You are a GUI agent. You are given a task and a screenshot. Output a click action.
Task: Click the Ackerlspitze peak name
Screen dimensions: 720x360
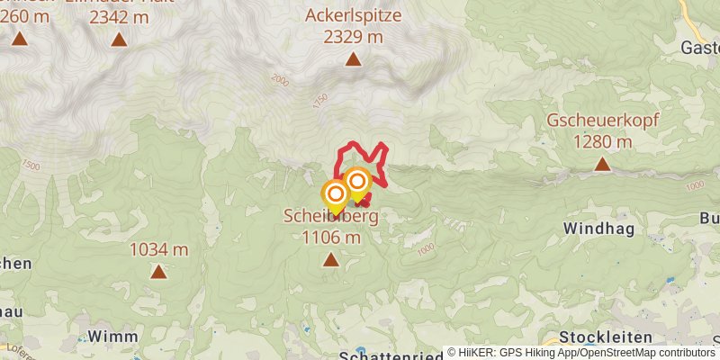353,15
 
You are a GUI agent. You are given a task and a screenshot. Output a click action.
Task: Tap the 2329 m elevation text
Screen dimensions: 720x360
353,36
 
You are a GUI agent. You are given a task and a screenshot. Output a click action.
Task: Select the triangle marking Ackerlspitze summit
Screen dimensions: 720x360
354,59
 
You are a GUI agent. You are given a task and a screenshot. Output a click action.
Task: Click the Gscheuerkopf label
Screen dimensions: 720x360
601,121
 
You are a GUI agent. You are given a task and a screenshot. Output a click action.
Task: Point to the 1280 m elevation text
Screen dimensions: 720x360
601,141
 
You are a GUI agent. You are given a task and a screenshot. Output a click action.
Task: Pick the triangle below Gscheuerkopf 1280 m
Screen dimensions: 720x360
601,164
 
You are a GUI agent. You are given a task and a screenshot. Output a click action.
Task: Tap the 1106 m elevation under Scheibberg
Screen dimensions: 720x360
330,238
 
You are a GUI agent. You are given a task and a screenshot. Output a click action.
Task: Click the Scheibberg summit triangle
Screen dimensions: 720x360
330,260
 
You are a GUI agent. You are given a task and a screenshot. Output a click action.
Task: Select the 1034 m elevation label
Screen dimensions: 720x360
158,249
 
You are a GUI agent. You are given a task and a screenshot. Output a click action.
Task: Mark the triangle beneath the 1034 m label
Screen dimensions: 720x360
158,271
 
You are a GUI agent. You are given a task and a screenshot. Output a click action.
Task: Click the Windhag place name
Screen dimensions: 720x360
598,229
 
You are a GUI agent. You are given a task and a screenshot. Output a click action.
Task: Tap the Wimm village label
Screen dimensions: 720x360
112,336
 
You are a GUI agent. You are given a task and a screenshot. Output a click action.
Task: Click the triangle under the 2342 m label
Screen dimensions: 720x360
119,39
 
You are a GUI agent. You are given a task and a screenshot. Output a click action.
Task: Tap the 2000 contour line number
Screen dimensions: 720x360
280,81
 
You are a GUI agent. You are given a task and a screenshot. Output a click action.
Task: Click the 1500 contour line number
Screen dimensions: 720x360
32,166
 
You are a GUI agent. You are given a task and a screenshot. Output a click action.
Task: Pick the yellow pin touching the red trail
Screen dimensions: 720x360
357,183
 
